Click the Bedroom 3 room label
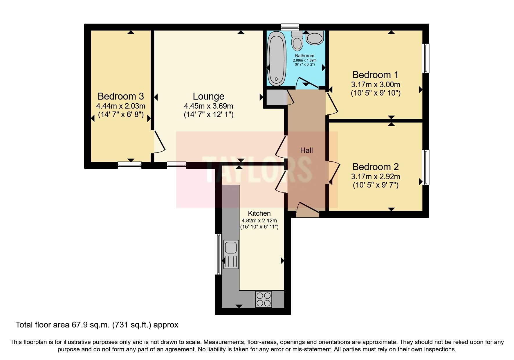(120, 96)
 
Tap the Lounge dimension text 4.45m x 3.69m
(208, 106)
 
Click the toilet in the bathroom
(297, 41)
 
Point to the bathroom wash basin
(314, 38)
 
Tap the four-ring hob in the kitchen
(264, 299)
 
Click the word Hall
(306, 150)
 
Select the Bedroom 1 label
(375, 75)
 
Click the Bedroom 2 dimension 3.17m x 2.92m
(376, 176)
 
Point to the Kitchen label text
(259, 213)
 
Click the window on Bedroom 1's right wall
(425, 58)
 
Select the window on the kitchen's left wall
(218, 254)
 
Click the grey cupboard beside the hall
(276, 98)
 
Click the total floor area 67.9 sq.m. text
(97, 325)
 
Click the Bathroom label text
(304, 56)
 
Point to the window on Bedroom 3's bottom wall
(129, 165)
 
